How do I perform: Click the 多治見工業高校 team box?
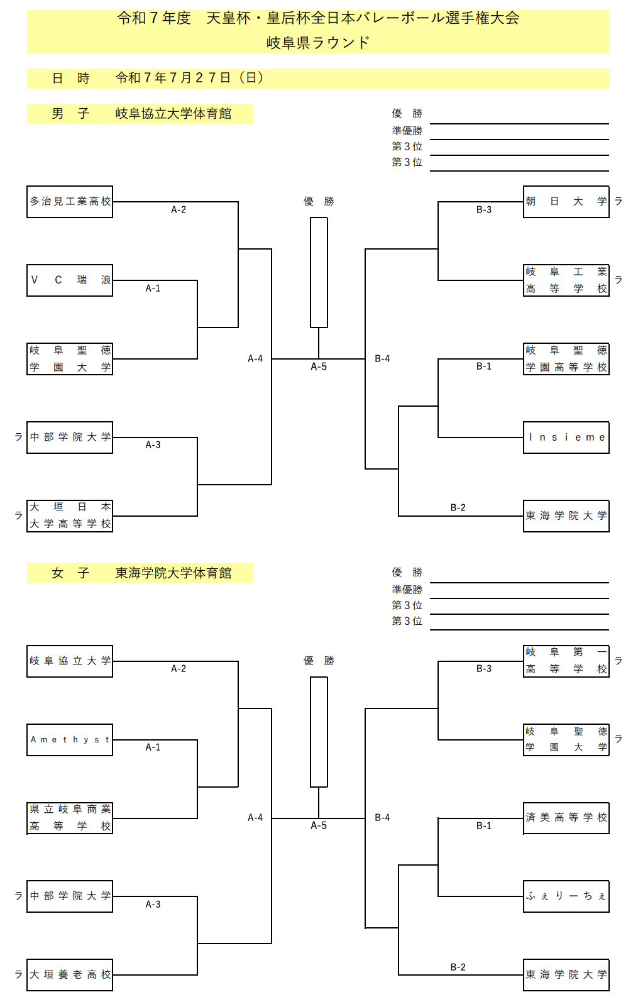70,202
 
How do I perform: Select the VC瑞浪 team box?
70,280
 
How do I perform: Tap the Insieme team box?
566,438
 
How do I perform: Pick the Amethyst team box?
70,740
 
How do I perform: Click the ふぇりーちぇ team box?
566,896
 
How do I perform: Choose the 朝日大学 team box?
566,202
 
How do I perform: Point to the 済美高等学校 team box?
566,818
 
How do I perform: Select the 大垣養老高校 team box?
70,975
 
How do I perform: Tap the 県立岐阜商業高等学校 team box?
70,818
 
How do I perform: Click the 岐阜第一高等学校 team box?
566,661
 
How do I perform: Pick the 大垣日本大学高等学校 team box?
70,516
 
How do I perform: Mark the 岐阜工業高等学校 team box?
566,280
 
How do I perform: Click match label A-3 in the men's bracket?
153,445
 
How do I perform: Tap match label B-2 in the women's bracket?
458,967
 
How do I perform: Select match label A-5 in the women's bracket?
319,826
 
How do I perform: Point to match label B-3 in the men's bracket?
483,210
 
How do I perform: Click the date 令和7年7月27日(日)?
190,78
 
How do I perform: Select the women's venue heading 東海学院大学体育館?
173,573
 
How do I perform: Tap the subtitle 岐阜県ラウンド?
318,43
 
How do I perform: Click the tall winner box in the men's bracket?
319,272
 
